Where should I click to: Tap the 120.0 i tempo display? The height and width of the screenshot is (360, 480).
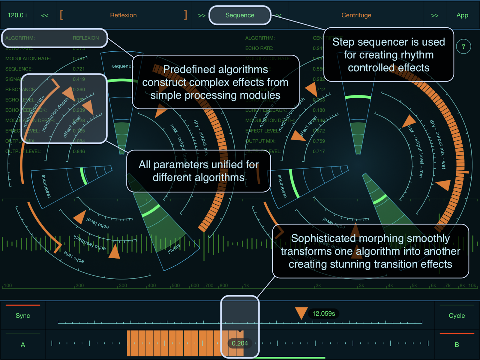[17, 15]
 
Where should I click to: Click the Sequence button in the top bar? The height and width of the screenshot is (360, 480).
[240, 15]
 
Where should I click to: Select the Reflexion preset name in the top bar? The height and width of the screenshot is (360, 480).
[123, 15]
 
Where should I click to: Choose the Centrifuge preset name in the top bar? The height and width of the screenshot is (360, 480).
[356, 15]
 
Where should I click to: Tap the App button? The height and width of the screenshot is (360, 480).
[462, 15]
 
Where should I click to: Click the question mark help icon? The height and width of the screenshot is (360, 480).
[463, 46]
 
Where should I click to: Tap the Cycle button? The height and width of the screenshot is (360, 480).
[457, 316]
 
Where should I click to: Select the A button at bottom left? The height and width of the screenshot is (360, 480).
[23, 345]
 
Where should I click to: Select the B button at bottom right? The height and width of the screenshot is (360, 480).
[457, 345]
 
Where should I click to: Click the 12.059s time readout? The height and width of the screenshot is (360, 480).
[323, 313]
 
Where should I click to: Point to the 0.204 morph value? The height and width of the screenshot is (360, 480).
[240, 343]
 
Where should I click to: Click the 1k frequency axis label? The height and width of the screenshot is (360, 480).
[246, 286]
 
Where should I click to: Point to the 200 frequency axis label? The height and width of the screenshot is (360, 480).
[79, 286]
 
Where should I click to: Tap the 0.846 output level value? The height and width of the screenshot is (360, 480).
[79, 151]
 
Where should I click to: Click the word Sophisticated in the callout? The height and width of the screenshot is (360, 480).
[323, 238]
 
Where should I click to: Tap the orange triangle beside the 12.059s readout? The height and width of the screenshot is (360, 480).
[301, 313]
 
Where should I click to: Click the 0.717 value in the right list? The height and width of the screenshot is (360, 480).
[319, 151]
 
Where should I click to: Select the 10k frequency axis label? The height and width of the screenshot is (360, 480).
[472, 286]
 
